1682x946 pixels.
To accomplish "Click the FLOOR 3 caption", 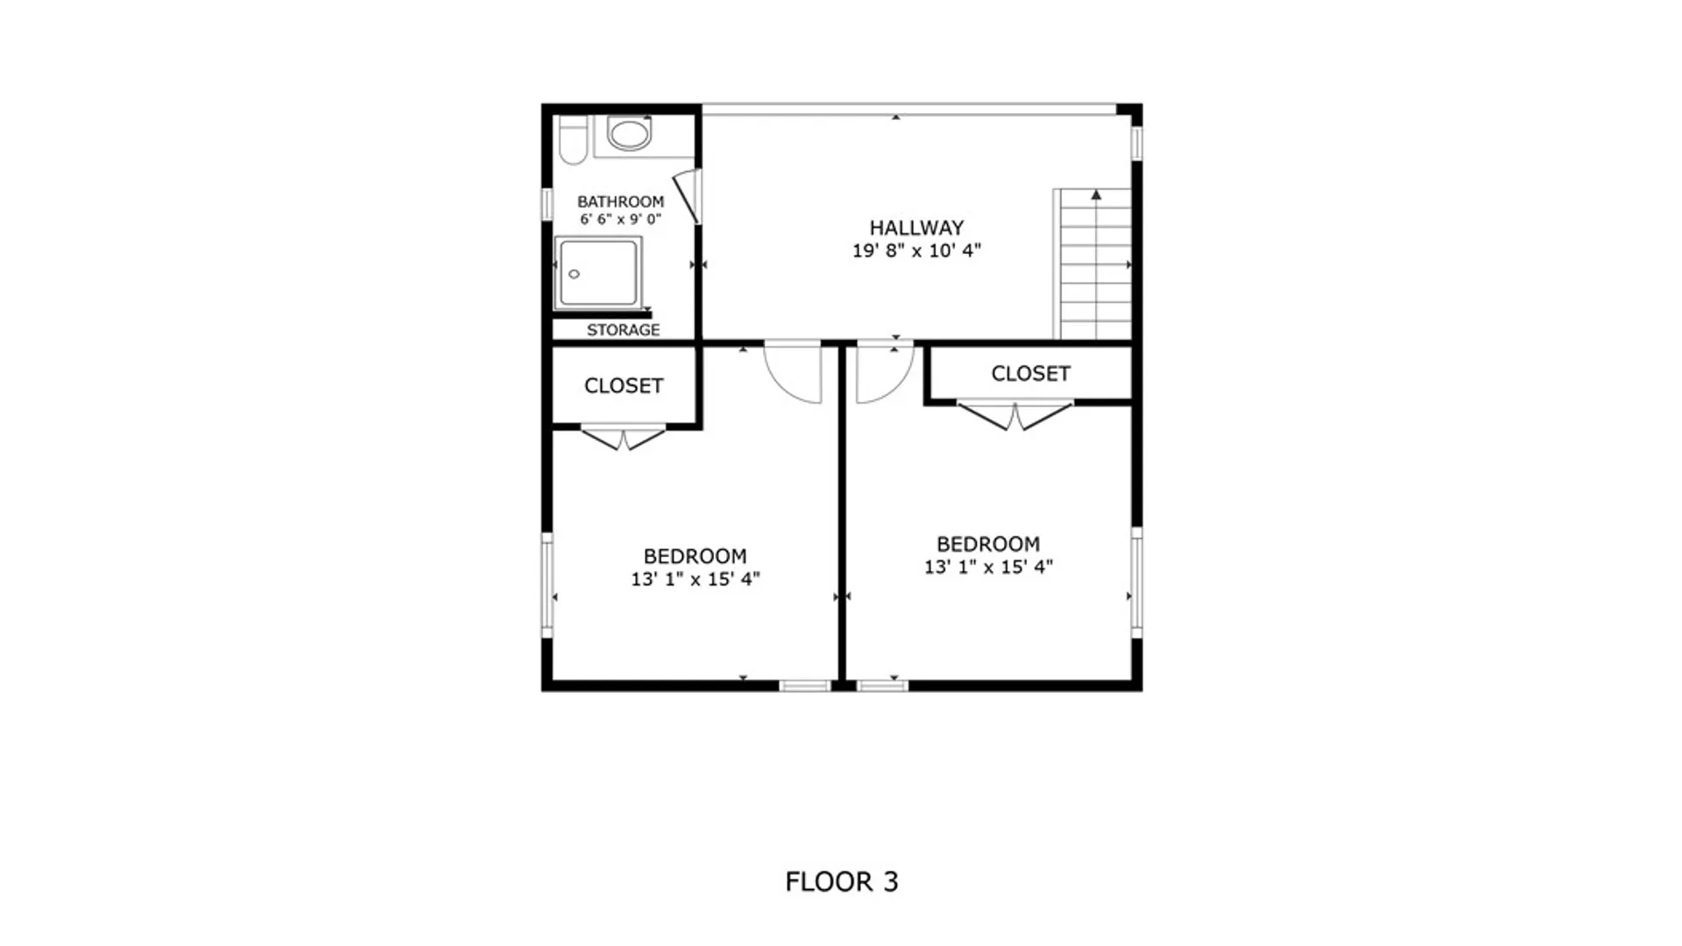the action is [842, 881].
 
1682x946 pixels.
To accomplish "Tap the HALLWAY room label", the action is [916, 228].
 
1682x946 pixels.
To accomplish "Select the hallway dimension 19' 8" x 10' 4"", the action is [916, 251].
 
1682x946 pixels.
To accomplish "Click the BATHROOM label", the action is [620, 201].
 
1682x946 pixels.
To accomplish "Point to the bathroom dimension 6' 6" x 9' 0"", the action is [620, 219].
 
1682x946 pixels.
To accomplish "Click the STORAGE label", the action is [623, 330].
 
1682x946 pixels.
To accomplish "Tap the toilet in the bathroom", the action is [572, 140].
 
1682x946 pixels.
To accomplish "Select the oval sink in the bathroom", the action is [630, 134].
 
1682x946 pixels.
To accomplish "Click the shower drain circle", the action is [574, 274].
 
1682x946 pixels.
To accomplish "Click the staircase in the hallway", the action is [1092, 264].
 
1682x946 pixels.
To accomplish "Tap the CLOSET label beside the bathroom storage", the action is [623, 385].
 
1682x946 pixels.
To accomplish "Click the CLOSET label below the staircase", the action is [1030, 373].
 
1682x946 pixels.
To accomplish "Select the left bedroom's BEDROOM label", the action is [695, 556].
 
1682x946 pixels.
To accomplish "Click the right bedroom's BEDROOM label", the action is [988, 544].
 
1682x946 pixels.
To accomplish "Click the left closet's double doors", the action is [623, 437].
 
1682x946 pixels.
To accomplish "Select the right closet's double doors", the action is [1014, 416].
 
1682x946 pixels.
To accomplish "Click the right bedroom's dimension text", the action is [988, 567].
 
